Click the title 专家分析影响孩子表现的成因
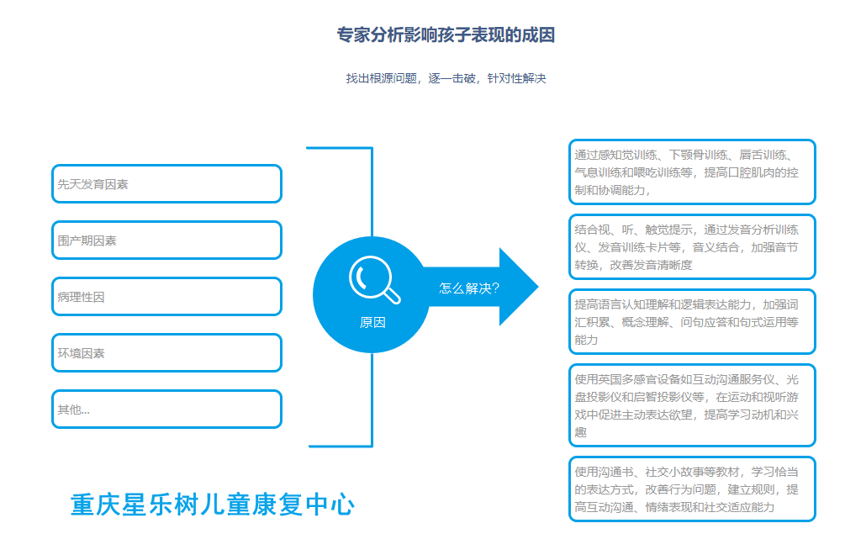coord(446,35)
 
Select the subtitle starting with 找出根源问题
coord(446,78)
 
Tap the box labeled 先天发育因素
coord(166,184)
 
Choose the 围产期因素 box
coord(166,240)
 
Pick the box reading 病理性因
coord(166,297)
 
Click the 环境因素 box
coord(166,353)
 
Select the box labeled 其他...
coord(166,410)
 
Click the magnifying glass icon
coord(373,278)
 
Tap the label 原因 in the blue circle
coord(372,322)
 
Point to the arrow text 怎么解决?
coord(469,288)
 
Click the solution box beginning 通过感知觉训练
coord(692,172)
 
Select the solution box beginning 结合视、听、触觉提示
coord(692,246)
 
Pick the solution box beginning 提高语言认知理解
coord(692,321)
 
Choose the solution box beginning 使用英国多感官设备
coord(692,404)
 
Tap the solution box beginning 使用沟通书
coord(692,489)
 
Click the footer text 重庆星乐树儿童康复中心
coord(213,505)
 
